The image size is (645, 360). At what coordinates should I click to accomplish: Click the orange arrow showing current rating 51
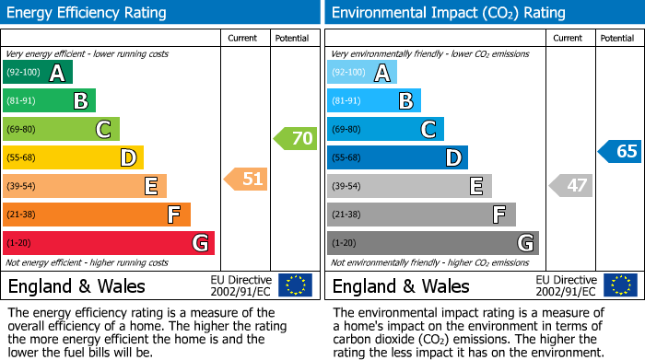(x=246, y=179)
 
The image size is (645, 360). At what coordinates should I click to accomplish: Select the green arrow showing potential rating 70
(x=295, y=139)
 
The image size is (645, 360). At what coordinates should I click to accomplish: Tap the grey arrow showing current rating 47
(x=570, y=185)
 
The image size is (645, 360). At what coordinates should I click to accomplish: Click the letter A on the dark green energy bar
(x=57, y=73)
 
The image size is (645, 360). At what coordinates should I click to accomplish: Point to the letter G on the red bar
(x=199, y=243)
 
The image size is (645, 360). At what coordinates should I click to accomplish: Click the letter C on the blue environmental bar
(x=428, y=130)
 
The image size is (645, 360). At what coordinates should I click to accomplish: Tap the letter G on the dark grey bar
(x=524, y=243)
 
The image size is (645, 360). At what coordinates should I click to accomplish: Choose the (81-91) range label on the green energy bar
(x=21, y=101)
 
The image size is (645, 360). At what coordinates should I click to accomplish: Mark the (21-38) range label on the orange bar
(x=21, y=215)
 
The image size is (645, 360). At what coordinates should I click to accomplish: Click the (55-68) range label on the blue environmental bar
(x=346, y=158)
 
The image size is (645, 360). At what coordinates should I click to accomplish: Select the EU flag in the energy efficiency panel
(x=295, y=285)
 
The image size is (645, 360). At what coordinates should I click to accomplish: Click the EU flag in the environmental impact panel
(x=620, y=285)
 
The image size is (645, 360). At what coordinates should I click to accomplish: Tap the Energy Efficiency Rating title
(x=87, y=13)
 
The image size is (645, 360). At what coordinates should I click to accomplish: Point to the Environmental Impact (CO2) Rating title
(x=448, y=13)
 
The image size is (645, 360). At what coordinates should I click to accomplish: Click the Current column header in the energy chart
(x=243, y=38)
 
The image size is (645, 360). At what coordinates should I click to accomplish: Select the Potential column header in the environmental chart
(x=616, y=38)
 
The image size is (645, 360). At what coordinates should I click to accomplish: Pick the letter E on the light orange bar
(x=150, y=187)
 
